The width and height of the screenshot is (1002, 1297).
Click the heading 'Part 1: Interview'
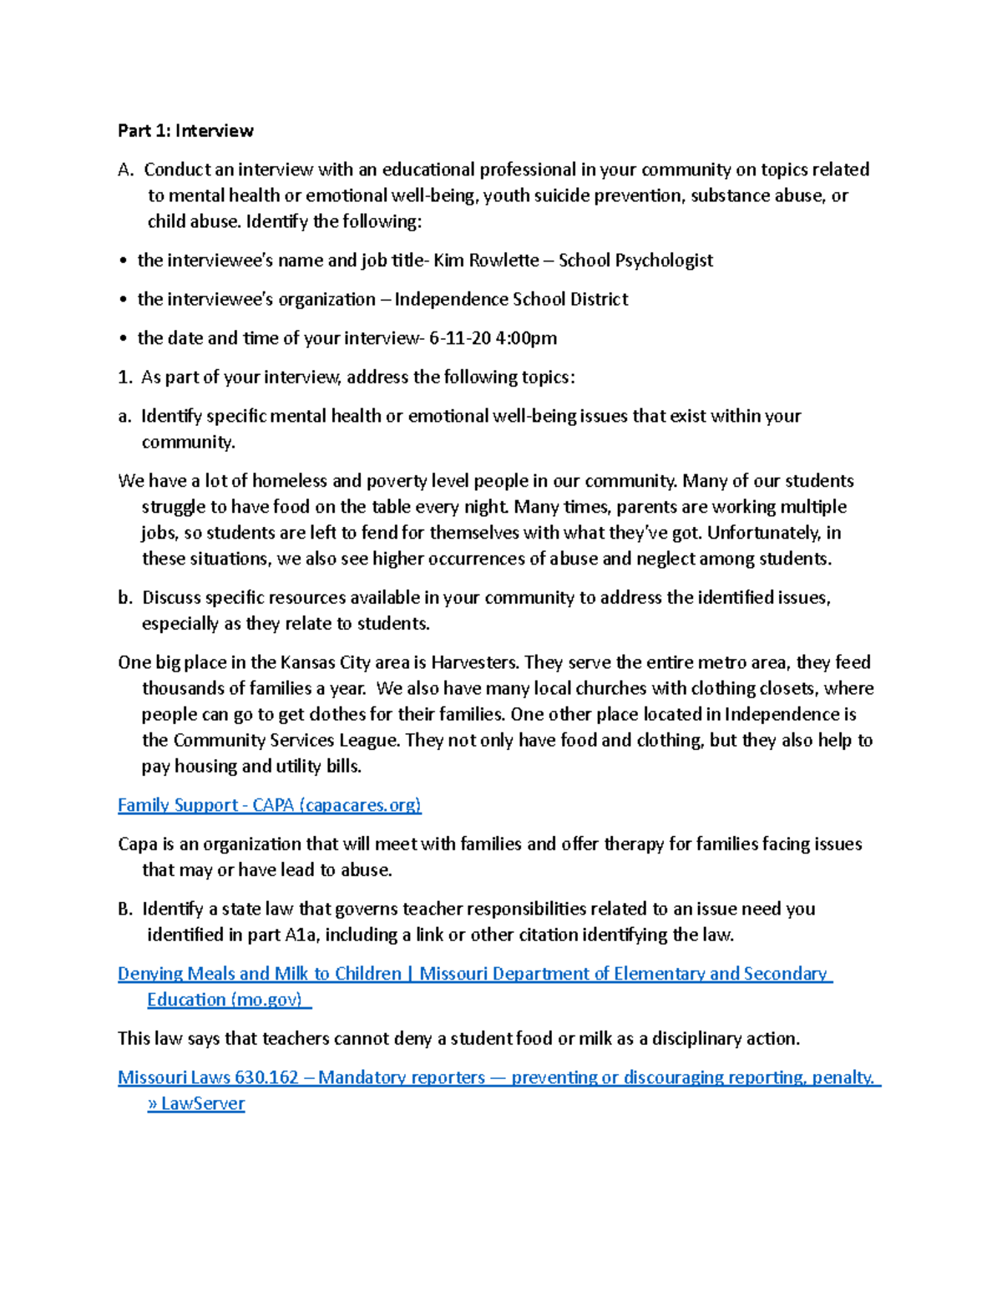[185, 130]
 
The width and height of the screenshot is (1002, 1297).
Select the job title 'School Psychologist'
[635, 261]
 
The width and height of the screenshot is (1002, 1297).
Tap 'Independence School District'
[511, 299]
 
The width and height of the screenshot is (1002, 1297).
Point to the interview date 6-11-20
[459, 338]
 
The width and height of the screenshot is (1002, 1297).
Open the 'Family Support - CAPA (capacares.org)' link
[269, 805]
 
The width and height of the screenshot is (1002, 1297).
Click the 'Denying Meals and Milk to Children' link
[260, 974]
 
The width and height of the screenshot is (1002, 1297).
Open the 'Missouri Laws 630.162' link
[208, 1077]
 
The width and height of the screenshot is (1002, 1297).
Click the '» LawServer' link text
[196, 1103]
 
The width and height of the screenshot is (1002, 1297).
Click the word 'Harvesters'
[475, 662]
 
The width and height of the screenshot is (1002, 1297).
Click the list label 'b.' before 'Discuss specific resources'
[125, 598]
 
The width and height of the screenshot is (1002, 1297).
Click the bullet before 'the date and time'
[123, 339]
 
